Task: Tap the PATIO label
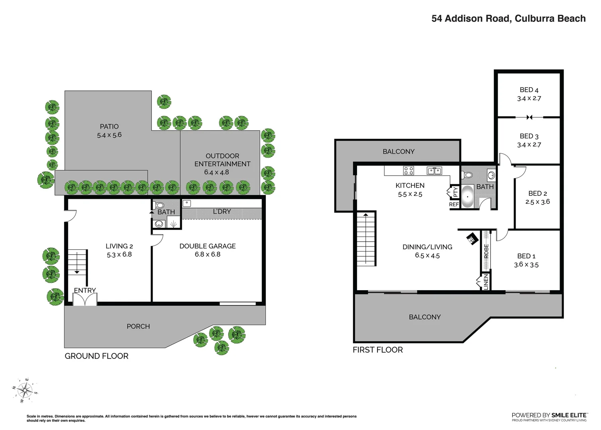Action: click(x=109, y=127)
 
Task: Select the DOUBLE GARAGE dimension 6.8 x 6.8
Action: click(x=207, y=254)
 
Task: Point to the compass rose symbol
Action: click(x=26, y=391)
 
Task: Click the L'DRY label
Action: click(x=222, y=211)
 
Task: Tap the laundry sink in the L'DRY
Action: click(x=187, y=203)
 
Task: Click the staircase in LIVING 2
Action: click(x=77, y=262)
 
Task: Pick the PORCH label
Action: click(x=138, y=326)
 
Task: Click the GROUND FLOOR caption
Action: click(x=96, y=356)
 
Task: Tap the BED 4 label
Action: click(x=529, y=90)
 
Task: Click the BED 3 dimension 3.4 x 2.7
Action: click(x=529, y=145)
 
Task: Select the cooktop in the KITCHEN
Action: click(x=409, y=171)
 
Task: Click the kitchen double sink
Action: click(x=434, y=171)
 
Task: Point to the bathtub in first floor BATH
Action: click(x=467, y=197)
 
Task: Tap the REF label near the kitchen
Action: click(x=454, y=204)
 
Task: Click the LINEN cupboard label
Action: click(x=485, y=282)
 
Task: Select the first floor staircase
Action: click(x=365, y=239)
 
